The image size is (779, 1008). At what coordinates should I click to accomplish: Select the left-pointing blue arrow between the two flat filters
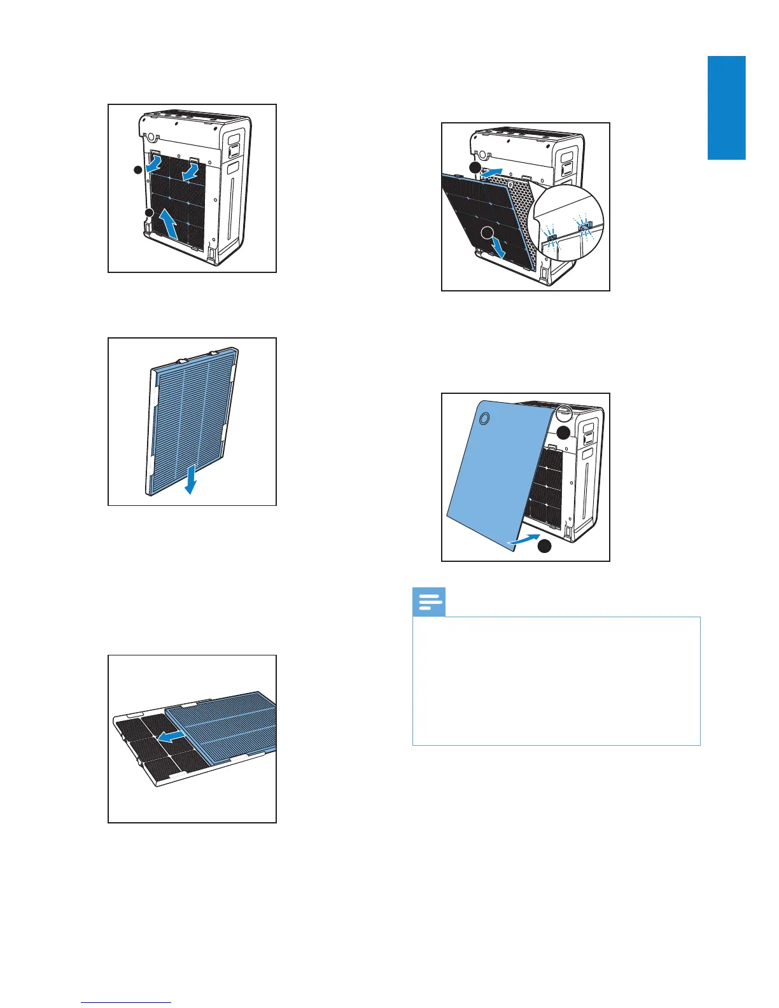click(x=170, y=737)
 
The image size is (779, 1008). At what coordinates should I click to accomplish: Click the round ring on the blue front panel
click(x=484, y=418)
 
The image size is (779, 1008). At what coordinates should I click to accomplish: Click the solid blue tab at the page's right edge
click(x=726, y=108)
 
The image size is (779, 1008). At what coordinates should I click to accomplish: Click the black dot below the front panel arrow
click(x=543, y=547)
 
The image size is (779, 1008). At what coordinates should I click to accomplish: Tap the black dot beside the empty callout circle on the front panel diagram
click(x=563, y=432)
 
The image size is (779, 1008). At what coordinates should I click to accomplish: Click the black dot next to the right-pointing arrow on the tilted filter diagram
click(x=475, y=167)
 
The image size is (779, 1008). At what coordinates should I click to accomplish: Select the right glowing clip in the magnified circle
click(x=584, y=226)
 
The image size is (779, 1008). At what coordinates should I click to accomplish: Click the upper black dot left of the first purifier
click(x=137, y=170)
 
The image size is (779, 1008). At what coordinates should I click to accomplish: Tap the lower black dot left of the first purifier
click(x=148, y=212)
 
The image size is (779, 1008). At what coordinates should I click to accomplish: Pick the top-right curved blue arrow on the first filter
click(x=192, y=172)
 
